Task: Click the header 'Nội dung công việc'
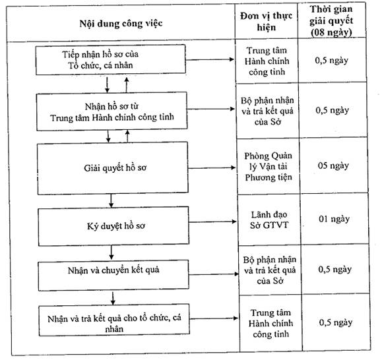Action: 121,24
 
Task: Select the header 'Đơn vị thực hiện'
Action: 266,21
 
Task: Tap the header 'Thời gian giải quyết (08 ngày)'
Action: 331,20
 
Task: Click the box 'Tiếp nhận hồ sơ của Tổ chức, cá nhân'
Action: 111,59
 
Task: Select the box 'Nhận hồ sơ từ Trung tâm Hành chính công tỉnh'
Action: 111,111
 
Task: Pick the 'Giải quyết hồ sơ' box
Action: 113,169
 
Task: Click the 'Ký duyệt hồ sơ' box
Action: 113,226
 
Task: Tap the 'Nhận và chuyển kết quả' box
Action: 113,275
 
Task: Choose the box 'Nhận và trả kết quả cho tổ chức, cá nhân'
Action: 114,320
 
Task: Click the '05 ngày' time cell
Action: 333,165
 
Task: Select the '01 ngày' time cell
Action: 334,220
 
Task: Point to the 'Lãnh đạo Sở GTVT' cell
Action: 269,220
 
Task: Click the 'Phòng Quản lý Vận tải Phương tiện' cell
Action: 268,167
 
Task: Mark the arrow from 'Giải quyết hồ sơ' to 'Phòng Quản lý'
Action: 212,167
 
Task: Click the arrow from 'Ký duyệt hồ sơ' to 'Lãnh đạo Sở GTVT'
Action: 213,222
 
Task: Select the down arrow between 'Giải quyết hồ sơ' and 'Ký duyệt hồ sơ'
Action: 111,201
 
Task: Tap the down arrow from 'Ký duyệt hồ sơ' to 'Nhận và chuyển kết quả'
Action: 111,253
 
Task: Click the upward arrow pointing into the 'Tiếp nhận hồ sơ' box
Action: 127,85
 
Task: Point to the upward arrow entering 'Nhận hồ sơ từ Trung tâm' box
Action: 127,136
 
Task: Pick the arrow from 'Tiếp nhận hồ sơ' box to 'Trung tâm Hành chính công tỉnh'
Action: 210,59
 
